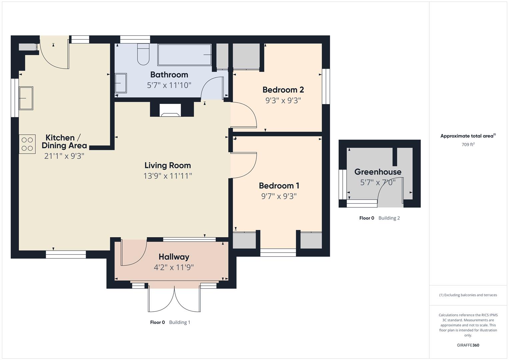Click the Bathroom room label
[169, 75]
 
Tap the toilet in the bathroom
[143, 54]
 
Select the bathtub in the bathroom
[184, 55]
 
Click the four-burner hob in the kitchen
[27, 144]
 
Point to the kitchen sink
[26, 98]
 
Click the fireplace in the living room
[170, 110]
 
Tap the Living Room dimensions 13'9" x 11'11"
[168, 176]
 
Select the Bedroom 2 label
[283, 90]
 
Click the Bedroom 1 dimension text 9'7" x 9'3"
[279, 196]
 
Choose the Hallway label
[174, 257]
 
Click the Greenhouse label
[378, 172]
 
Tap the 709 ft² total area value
[468, 145]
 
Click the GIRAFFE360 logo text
[468, 345]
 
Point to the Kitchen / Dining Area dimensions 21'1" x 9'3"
[64, 156]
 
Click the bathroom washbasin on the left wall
[120, 83]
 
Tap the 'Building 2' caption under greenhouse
[389, 218]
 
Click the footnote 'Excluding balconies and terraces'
[468, 295]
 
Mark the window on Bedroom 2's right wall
[326, 86]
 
